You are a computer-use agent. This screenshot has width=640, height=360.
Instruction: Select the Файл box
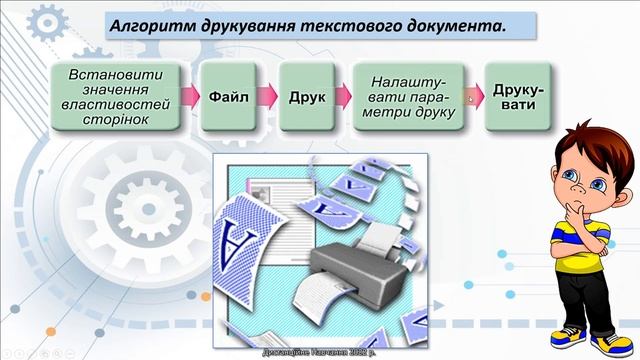pyautogui.click(x=228, y=98)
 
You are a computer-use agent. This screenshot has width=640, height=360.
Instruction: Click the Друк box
pyautogui.click(x=306, y=98)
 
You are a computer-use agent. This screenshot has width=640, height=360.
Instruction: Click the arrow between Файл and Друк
pyautogui.click(x=267, y=98)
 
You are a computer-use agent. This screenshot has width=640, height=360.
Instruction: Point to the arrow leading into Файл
pyautogui.click(x=189, y=98)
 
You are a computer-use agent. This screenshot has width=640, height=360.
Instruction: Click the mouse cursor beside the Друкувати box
pyautogui.click(x=471, y=98)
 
